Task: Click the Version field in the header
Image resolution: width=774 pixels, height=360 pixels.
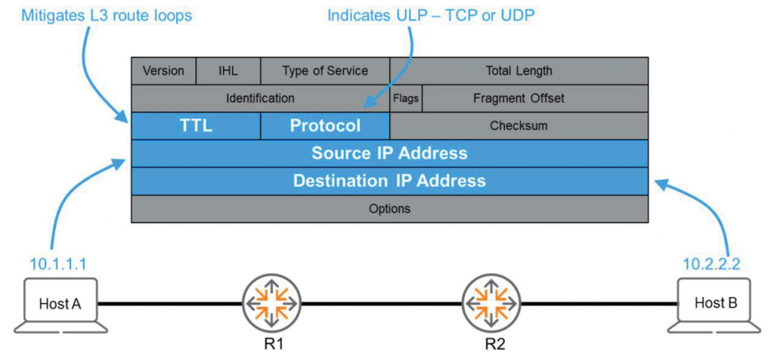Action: coord(164,71)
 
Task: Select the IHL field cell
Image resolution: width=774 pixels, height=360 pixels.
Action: coord(228,71)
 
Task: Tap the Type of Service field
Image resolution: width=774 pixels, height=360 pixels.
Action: coord(325,71)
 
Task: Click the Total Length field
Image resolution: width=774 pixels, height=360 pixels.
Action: coord(519,71)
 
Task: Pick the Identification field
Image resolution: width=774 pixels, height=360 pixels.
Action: coord(260,98)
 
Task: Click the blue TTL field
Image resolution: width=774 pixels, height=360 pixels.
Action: coord(196,126)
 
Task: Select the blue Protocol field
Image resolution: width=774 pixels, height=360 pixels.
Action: coord(325,126)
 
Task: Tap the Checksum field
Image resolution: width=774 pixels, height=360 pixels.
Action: coord(519,126)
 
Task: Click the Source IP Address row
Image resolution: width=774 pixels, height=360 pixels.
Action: coord(389,154)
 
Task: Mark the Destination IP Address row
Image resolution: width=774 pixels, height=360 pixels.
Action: coord(389,182)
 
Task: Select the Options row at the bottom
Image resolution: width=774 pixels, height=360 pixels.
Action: coord(389,209)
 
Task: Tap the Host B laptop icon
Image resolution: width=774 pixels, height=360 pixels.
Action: coord(710,307)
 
